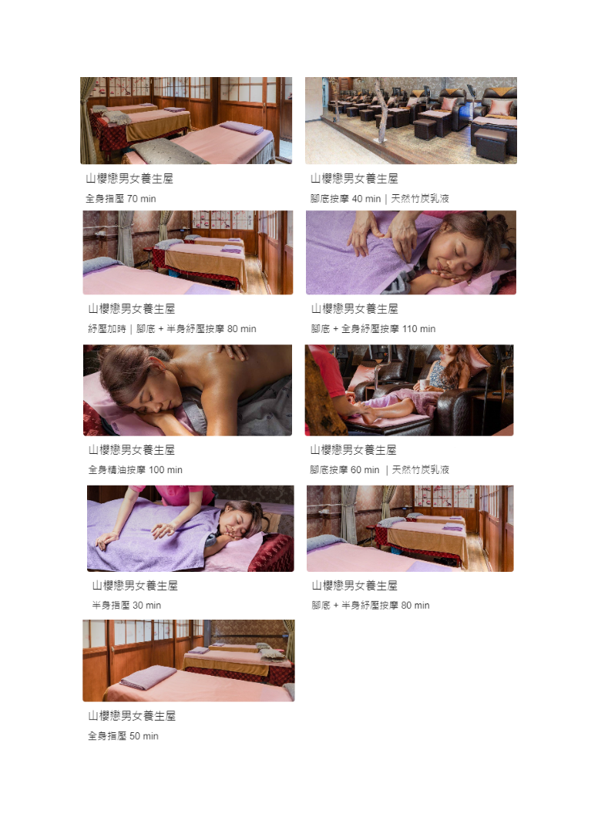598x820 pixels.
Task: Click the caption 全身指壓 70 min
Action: point(121,199)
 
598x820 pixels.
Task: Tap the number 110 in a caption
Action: point(410,329)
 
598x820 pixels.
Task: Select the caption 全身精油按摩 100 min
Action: point(136,469)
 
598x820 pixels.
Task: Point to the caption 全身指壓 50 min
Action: point(123,736)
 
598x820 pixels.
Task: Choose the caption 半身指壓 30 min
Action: point(126,605)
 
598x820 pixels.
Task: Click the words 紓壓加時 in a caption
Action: point(107,329)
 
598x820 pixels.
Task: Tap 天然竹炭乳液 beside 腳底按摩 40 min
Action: point(420,199)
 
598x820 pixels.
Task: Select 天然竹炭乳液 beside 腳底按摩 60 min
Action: point(421,469)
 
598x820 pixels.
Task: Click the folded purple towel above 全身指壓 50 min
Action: point(148,677)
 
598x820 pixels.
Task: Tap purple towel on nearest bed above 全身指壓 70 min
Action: point(241,128)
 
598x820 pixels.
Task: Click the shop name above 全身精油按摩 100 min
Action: point(132,450)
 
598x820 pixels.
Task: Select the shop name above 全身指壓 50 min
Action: point(132,716)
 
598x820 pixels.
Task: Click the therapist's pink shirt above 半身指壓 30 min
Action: point(186,495)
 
